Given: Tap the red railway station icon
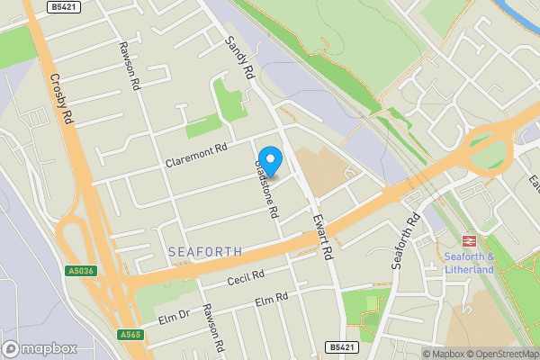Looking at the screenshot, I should coord(469,240).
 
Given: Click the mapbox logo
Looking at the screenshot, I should coord(40,348).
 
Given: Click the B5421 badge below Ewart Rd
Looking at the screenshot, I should coord(340,346).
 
